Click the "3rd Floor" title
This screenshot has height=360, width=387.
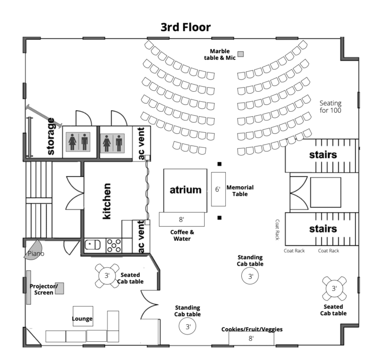tap(185, 27)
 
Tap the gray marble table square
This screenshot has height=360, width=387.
tap(241, 54)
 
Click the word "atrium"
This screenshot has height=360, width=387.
tap(185, 190)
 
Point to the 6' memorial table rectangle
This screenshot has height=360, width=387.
tap(218, 189)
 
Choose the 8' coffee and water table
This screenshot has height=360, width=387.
tap(181, 220)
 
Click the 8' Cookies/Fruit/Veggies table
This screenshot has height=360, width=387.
tap(251, 338)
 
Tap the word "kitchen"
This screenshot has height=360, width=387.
tap(106, 200)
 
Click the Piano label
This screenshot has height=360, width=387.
tap(36, 254)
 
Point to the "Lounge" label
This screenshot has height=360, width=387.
tap(82, 319)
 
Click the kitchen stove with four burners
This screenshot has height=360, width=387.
tap(113, 245)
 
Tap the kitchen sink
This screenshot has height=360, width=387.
tap(93, 245)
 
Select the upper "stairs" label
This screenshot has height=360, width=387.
tap(322, 155)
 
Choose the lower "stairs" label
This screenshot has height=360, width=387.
tap(322, 229)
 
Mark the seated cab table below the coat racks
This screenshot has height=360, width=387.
tap(334, 289)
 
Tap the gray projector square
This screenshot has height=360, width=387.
tap(59, 288)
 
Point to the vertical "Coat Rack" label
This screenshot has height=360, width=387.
tap(277, 230)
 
